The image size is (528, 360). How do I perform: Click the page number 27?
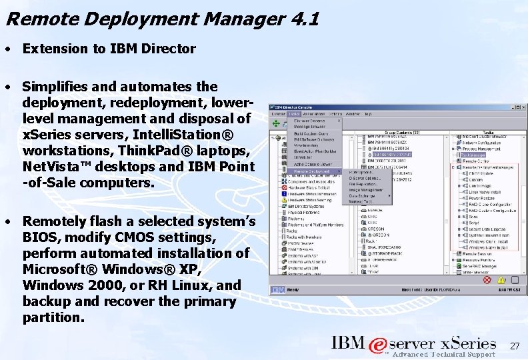coord(514,346)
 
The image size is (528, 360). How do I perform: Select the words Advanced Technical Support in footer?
coord(443,354)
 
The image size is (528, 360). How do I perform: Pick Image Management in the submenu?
coord(365,189)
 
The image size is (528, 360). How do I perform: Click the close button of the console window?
coord(518,107)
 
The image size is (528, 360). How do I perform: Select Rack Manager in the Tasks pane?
coord(473,155)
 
